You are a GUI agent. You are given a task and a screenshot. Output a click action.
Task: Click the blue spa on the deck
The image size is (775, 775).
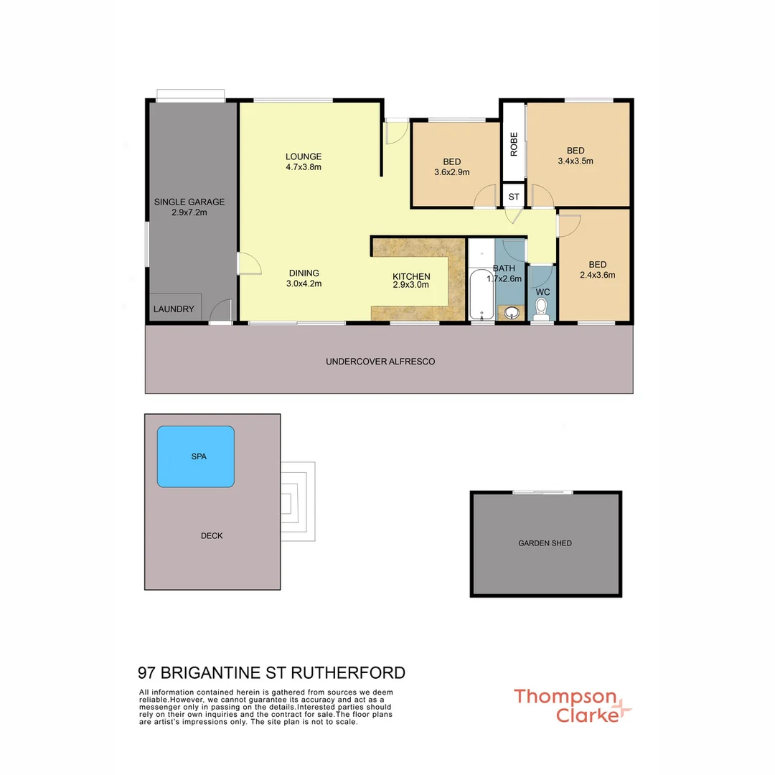pyautogui.click(x=196, y=457)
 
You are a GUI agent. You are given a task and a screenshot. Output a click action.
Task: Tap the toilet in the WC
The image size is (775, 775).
pyautogui.click(x=542, y=308)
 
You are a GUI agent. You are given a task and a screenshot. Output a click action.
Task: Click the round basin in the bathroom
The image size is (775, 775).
pyautogui.click(x=511, y=312)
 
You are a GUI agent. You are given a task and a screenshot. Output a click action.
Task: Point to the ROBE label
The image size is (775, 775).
pyautogui.click(x=514, y=144)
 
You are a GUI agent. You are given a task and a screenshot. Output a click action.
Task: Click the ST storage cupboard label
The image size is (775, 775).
pyautogui.click(x=514, y=196)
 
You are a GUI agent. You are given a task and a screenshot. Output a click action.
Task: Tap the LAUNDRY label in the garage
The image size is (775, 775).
pyautogui.click(x=174, y=309)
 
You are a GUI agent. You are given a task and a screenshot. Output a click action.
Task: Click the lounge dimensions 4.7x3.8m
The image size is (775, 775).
pyautogui.click(x=303, y=167)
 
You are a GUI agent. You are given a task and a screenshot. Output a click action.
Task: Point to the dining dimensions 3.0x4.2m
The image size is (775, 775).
pyautogui.click(x=304, y=283)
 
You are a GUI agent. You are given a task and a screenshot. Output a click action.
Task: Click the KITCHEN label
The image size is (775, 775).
pyautogui.click(x=411, y=276)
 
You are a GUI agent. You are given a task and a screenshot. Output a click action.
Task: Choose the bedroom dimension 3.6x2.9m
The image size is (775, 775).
pyautogui.click(x=451, y=172)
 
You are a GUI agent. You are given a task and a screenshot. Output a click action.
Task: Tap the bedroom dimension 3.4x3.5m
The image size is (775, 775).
pyautogui.click(x=576, y=161)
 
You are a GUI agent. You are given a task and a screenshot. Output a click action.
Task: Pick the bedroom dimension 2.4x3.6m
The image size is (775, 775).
pyautogui.click(x=597, y=274)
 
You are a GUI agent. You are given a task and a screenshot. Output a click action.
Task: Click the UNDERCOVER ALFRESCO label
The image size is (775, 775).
pyautogui.click(x=380, y=362)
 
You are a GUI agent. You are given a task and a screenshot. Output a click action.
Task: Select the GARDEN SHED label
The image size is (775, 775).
pyautogui.click(x=545, y=543)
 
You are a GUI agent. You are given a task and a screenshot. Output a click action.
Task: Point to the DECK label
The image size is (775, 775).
pyautogui.click(x=212, y=535)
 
